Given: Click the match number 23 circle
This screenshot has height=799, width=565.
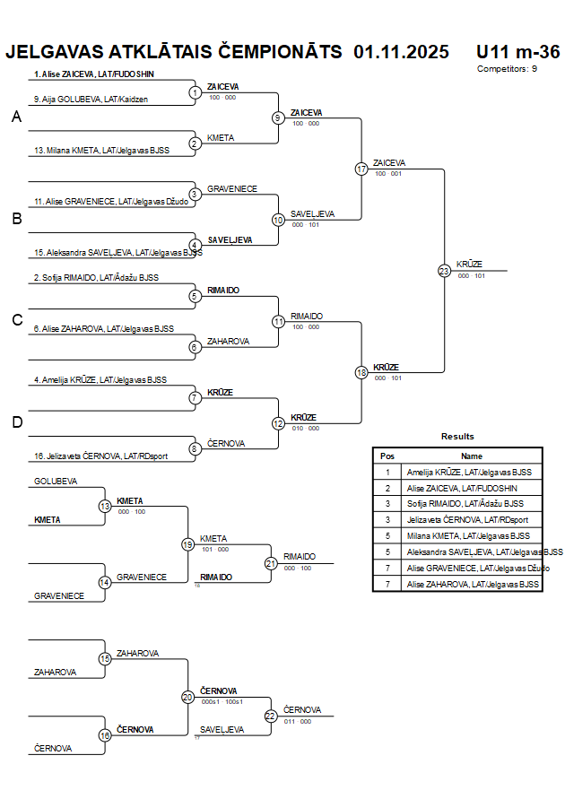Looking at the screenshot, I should point(444,270).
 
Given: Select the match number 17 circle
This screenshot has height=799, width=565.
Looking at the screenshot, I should point(361,169).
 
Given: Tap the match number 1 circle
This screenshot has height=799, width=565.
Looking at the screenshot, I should point(195,92).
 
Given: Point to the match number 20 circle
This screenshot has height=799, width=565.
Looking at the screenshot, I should point(187,697).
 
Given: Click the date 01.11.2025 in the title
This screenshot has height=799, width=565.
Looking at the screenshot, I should point(401,51).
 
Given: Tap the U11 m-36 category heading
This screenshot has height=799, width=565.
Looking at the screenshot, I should point(517,51).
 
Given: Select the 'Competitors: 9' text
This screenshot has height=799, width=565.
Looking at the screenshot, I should point(507,68).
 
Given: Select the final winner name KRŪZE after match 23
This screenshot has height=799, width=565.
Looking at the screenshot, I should point(469,264).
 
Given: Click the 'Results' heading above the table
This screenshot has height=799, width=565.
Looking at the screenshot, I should point(456,436).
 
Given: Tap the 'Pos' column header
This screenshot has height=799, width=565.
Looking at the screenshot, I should point(387,456).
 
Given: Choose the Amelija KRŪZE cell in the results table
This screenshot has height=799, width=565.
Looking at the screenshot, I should point(469,472).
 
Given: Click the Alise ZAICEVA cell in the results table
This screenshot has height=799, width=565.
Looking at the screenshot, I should point(462,488).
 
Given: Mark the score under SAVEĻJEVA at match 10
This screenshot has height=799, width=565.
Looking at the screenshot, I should point(305,225).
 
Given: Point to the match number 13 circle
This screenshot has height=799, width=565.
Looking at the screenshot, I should point(105,507).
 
